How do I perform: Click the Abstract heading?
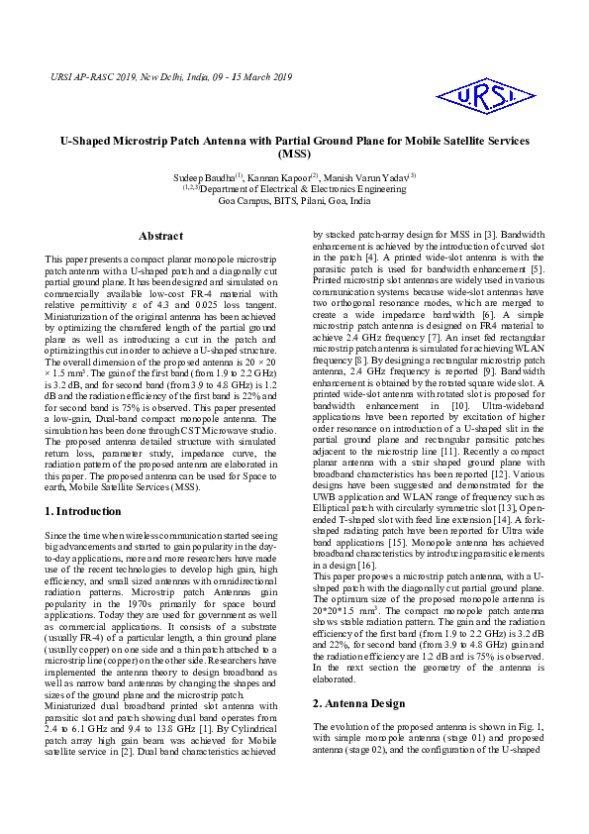point(160,237)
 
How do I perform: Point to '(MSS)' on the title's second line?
point(294,156)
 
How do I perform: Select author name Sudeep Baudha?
point(224,177)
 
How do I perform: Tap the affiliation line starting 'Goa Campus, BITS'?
point(294,200)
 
